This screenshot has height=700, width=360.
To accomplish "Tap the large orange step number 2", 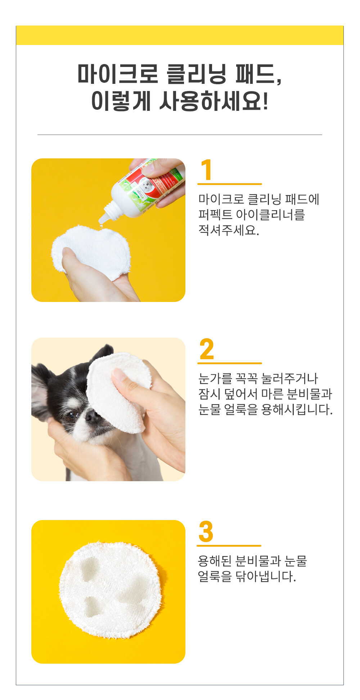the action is [x=207, y=349].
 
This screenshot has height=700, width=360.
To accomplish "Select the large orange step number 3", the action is [x=206, y=531].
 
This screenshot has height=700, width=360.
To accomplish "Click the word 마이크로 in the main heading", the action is [x=118, y=74].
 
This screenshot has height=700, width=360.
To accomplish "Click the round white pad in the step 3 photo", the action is [x=110, y=590].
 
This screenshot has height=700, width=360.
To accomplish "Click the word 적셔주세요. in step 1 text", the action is [x=229, y=230].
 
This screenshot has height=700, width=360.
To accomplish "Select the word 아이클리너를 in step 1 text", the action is [x=270, y=214].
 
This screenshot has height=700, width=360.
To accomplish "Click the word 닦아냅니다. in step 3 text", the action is [x=266, y=576].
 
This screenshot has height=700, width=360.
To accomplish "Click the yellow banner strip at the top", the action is [x=180, y=35].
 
